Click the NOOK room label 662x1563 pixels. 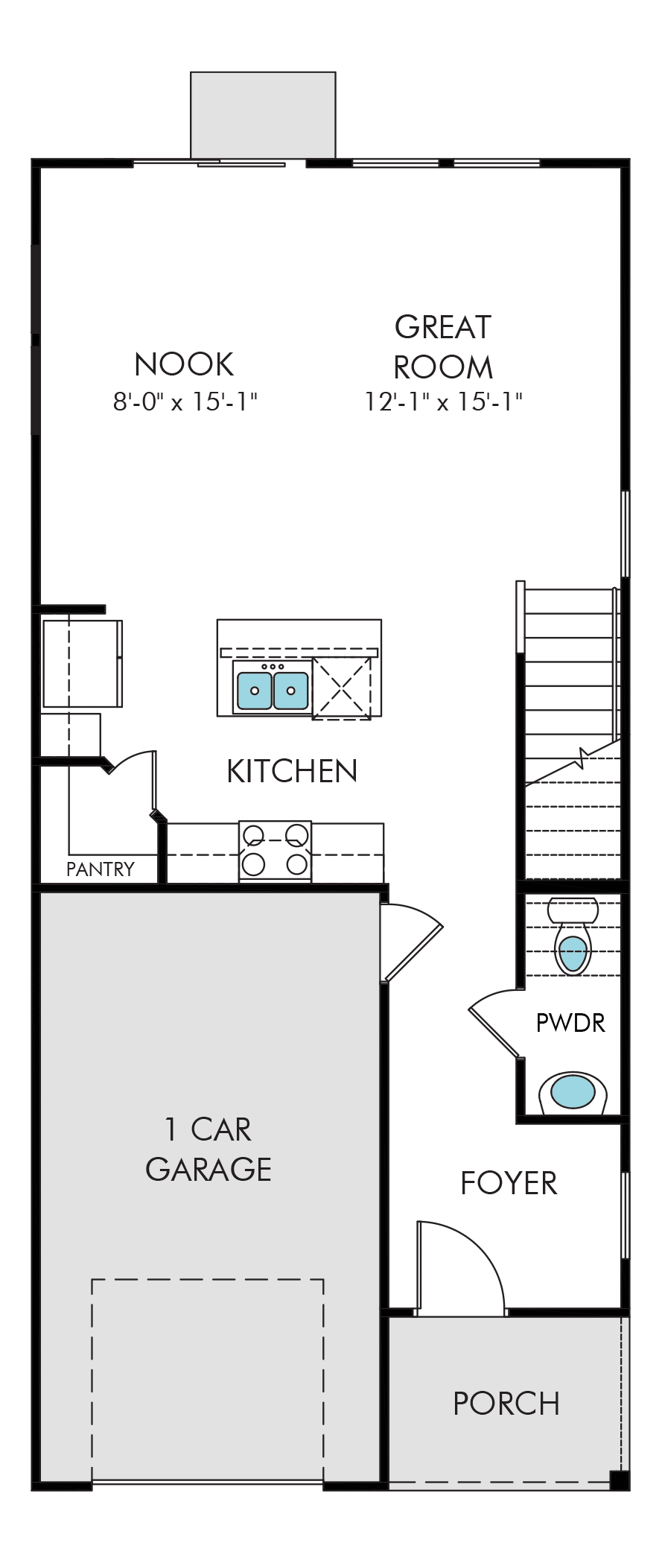click(x=184, y=364)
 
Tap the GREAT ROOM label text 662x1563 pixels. click(x=443, y=346)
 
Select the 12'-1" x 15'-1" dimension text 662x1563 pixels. click(x=443, y=402)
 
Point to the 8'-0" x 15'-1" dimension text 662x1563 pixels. click(x=185, y=402)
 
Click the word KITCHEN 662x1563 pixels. click(x=292, y=771)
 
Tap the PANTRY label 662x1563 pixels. click(x=101, y=869)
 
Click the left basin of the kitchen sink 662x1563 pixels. click(x=255, y=690)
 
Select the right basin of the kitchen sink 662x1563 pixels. click(x=290, y=690)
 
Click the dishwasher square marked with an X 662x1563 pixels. click(x=341, y=688)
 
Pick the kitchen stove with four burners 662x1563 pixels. click(x=275, y=852)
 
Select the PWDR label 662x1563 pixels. click(x=570, y=1023)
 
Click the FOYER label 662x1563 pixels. click(x=509, y=1183)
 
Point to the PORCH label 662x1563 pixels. click(x=506, y=1404)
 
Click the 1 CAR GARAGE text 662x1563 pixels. click(x=209, y=1150)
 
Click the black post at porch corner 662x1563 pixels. click(x=620, y=1480)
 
